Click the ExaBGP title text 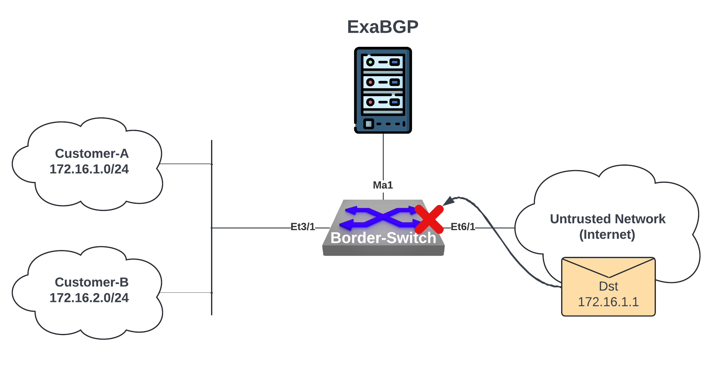(x=382, y=27)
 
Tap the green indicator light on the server (x=370, y=62)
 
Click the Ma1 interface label (x=383, y=185)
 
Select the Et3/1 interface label (x=303, y=227)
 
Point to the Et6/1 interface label (x=463, y=227)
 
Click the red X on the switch (x=429, y=219)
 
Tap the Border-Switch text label (x=383, y=238)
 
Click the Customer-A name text (x=92, y=154)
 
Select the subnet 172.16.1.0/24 (x=89, y=169)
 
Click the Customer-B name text (x=92, y=282)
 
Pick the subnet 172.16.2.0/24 (x=89, y=298)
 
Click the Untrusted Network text (x=608, y=219)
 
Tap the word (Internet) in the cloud (x=607, y=235)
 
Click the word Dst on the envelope (x=608, y=286)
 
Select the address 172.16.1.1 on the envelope (x=608, y=302)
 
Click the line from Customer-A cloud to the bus (x=185, y=164)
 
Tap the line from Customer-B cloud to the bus (x=185, y=293)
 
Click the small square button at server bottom (x=368, y=124)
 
